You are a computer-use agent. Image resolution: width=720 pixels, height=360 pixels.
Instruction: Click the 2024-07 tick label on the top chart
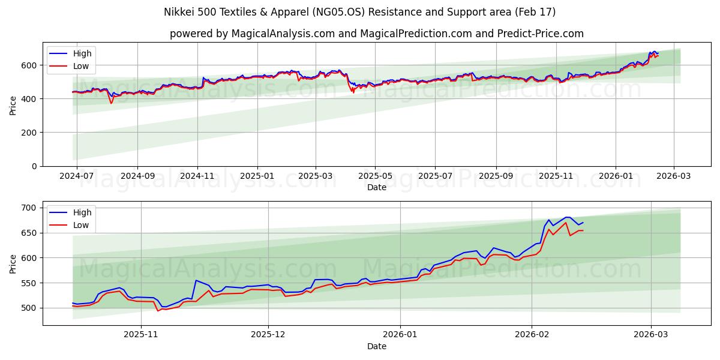point(76,177)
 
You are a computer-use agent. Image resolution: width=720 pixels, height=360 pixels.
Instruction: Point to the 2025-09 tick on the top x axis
point(496,177)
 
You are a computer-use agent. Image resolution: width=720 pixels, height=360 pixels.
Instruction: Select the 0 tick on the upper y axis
point(35,166)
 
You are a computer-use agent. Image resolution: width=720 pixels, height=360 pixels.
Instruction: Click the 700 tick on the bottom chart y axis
point(29,208)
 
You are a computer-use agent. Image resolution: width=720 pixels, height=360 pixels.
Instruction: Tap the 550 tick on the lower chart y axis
point(29,283)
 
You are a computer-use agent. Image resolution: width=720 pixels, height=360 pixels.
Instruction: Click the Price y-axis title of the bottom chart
point(13,263)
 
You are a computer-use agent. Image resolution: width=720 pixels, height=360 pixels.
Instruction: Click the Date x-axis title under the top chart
point(377,188)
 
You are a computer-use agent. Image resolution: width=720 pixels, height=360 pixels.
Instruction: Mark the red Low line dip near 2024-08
point(111,103)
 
